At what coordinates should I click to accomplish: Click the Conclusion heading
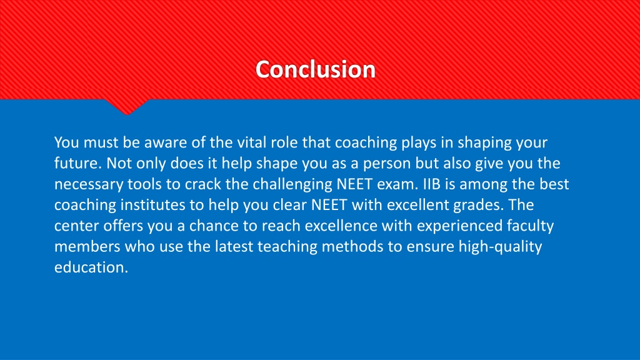316,69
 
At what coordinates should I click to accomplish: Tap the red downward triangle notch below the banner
126,106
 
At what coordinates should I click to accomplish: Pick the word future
78,163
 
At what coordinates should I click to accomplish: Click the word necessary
89,185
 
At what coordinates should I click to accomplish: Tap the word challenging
292,185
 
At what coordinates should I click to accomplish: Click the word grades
479,205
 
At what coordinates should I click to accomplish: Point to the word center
76,226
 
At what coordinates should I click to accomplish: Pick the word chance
214,226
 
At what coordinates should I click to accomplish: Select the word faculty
530,226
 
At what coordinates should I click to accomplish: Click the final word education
91,267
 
